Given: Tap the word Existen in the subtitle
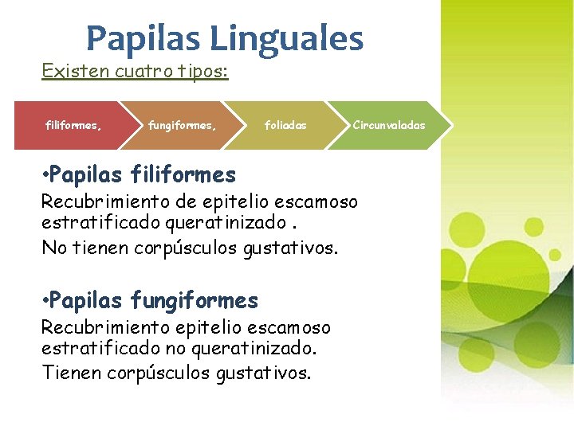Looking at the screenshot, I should click(68, 72).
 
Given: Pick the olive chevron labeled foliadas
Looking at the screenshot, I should click(285, 125).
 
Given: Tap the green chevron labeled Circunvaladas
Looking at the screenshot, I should click(389, 125).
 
